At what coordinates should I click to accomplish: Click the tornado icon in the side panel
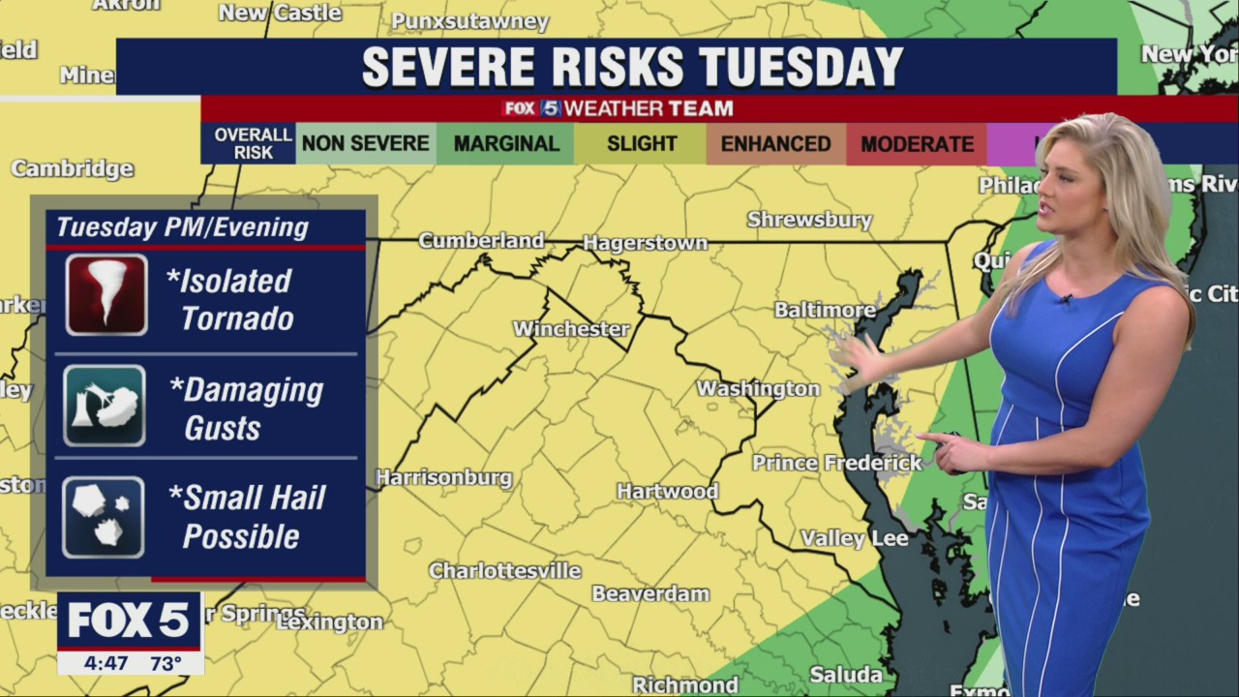[x=106, y=294]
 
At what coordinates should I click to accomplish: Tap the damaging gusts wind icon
[x=105, y=406]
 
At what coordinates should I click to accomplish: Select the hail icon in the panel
[x=104, y=517]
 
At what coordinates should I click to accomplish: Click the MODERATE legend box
[x=917, y=144]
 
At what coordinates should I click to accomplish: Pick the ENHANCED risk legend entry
[x=775, y=144]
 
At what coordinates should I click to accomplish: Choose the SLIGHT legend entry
[x=641, y=144]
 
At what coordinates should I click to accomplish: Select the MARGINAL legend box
[x=506, y=144]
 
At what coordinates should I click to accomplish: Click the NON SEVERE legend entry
[x=365, y=144]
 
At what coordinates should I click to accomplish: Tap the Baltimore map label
[x=825, y=310]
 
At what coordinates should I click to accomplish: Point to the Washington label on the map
[x=758, y=388]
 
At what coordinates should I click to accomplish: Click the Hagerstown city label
[x=645, y=243]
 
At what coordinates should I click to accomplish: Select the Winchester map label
[x=571, y=329]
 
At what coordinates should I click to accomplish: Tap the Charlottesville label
[x=504, y=570]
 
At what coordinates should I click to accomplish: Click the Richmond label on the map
[x=685, y=684]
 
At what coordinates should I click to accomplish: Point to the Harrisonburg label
[x=443, y=477]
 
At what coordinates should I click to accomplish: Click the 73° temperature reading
[x=166, y=663]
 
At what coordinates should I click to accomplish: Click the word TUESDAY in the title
[x=801, y=67]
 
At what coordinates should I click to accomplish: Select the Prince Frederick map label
[x=837, y=463]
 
